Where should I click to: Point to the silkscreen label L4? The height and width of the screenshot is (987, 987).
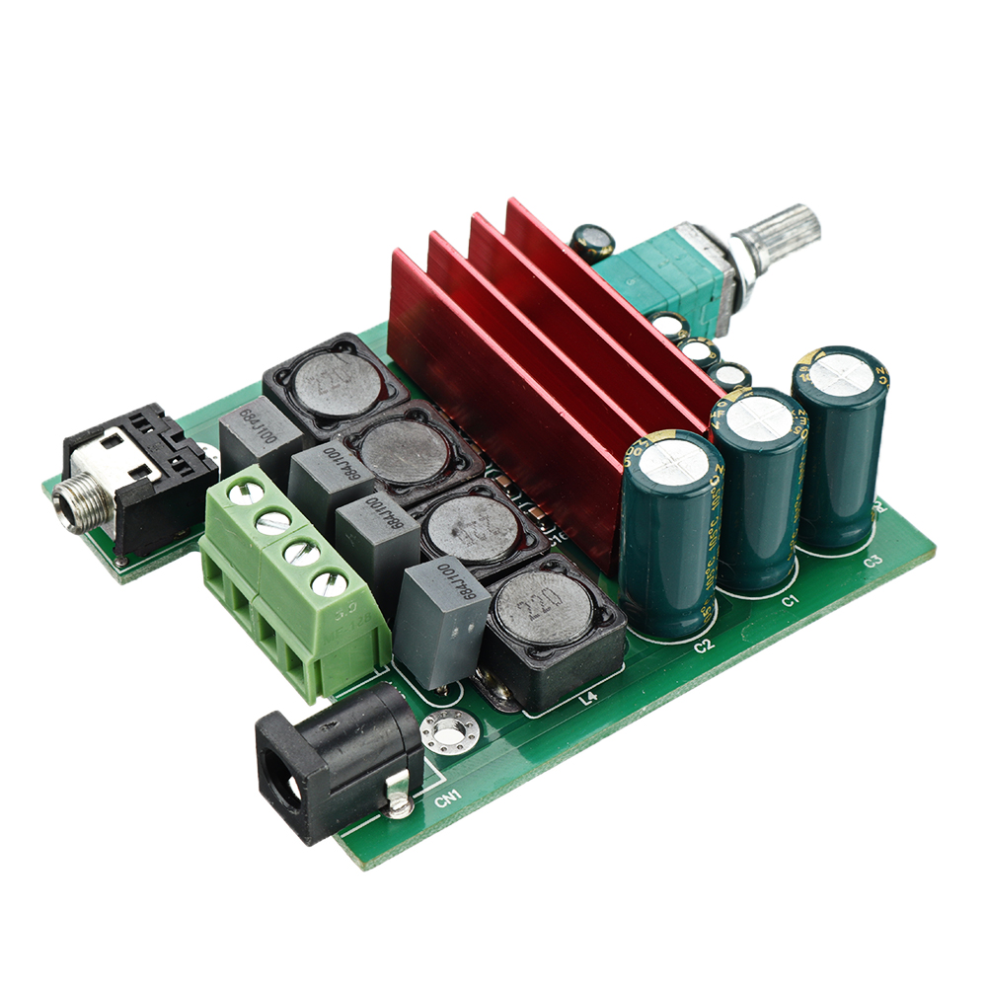pyautogui.click(x=588, y=699)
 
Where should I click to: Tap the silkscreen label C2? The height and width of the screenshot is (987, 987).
pyautogui.click(x=703, y=646)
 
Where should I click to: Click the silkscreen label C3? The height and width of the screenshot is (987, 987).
pyautogui.click(x=872, y=562)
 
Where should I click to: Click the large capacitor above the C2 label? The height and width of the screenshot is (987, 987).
pyautogui.click(x=671, y=533)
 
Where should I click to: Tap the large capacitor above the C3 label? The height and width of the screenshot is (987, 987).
pyautogui.click(x=839, y=444)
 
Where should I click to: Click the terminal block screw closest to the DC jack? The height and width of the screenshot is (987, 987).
pyautogui.click(x=331, y=582)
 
